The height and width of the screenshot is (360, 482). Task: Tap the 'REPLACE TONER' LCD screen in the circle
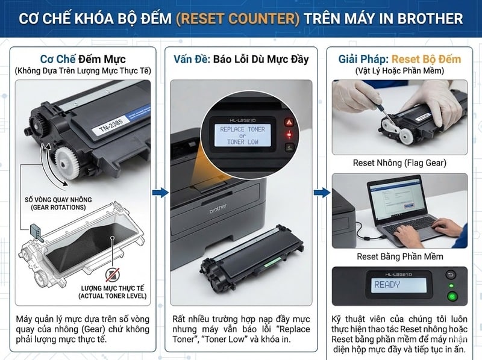242,135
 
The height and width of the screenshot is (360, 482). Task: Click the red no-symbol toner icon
112,275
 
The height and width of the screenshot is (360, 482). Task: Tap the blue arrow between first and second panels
160,193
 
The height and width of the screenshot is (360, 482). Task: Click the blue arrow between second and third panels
322,193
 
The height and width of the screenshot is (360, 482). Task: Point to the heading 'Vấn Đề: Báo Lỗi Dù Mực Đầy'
240,60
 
